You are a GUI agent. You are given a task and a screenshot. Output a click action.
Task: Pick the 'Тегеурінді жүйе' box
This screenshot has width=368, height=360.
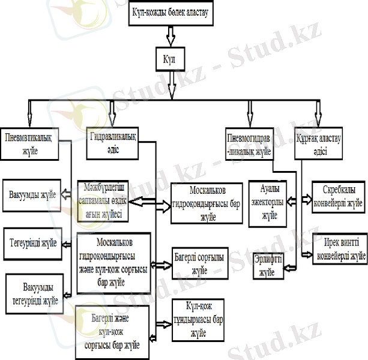[x=33, y=243]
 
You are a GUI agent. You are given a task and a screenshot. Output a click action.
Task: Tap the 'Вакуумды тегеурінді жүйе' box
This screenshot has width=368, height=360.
[x=33, y=291]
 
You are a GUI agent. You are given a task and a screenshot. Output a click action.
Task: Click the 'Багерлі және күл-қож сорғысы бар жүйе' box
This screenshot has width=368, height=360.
[x=112, y=331]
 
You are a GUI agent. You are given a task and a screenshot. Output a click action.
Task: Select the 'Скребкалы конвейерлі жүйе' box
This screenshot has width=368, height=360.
[x=337, y=196]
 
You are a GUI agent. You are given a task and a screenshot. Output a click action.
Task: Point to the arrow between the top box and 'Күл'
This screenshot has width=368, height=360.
[x=172, y=37]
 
